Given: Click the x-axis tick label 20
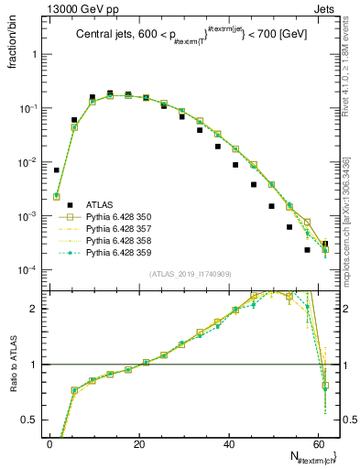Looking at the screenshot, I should coord(138,443).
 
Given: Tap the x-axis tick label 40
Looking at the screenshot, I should coord(227,443).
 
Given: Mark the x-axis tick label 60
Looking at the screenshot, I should coord(317,443).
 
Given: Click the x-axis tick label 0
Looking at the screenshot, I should coord(49,443).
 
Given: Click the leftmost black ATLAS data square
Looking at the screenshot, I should coord(57,169).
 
